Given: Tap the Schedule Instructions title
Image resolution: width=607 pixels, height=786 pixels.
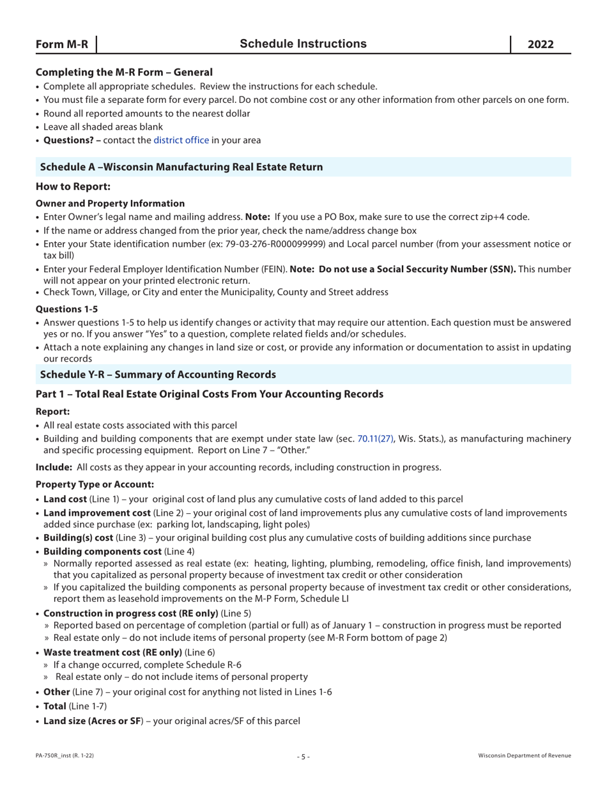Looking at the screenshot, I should [x=303, y=43].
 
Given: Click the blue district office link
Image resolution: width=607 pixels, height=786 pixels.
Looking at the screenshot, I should [x=181, y=140].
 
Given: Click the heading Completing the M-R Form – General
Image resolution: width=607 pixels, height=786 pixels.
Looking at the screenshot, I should [x=124, y=73].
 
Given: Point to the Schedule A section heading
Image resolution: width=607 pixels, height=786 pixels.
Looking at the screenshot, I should [x=181, y=167].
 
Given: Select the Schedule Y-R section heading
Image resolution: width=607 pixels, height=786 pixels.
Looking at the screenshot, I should [x=158, y=374].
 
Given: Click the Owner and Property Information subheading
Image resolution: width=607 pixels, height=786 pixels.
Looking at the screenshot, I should [x=110, y=203].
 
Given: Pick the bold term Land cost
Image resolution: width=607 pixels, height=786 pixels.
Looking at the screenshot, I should [x=65, y=498].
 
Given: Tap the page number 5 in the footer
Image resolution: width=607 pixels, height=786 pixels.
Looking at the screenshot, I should [x=303, y=756].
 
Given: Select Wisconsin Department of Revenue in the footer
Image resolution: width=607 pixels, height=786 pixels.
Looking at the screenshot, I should [x=524, y=756].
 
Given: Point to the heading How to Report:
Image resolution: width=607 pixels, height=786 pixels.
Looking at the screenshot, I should [x=73, y=187].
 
